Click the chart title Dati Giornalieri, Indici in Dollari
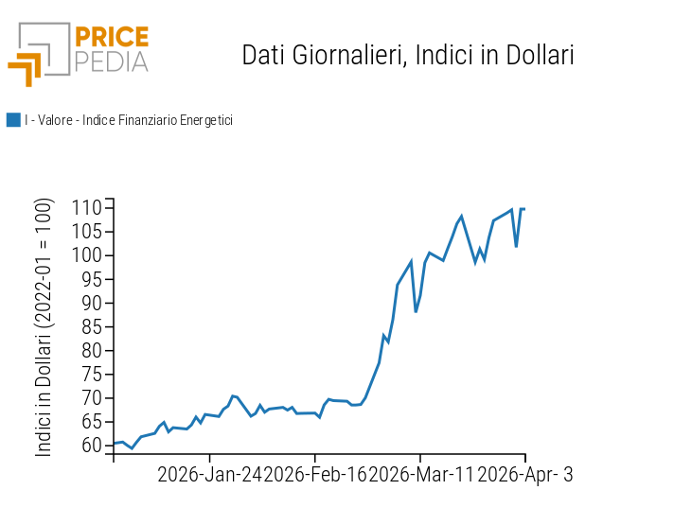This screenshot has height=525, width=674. tap(408, 55)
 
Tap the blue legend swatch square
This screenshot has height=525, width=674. tap(13, 120)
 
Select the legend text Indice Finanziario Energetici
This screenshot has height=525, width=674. tap(157, 120)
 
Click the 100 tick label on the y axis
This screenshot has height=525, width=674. tap(85, 255)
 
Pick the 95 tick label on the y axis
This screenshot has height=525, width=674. tap(90, 279)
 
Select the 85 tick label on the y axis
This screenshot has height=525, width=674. tap(90, 326)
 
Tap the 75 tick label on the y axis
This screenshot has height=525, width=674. tap(90, 374)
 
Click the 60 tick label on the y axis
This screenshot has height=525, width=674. tap(90, 446)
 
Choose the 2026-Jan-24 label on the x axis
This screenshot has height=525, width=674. tap(209, 475)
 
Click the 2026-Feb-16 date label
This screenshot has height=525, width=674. tap(315, 475)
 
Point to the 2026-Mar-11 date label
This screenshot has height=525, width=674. tap(421, 475)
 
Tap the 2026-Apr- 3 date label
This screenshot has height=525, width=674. tap(525, 475)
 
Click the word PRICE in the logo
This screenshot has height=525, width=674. tap(112, 38)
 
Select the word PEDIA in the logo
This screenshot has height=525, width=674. tap(112, 62)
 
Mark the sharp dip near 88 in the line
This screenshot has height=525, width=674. tap(416, 311)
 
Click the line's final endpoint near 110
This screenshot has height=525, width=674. tap(524, 209)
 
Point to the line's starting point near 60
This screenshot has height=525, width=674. tap(114, 444)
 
